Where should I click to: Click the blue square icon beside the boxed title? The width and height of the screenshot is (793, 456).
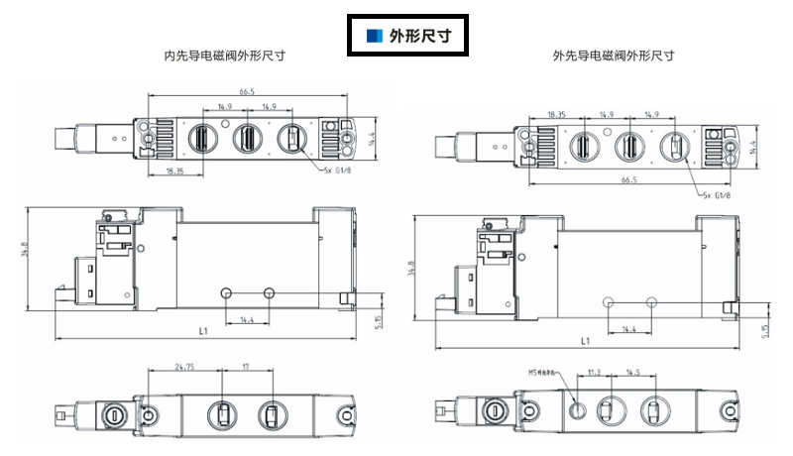(373, 37)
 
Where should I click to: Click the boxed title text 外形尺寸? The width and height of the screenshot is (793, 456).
(414, 37)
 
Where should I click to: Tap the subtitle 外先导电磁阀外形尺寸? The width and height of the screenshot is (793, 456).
(614, 57)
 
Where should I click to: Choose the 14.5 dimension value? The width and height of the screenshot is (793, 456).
(633, 373)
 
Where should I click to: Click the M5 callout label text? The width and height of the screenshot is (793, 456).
(544, 374)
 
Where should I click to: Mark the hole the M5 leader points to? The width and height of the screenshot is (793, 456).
(581, 407)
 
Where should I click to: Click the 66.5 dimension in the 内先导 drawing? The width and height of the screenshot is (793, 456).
(247, 92)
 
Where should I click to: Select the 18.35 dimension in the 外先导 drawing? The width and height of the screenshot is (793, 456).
(557, 115)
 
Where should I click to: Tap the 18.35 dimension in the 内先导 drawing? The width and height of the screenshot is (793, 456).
(174, 172)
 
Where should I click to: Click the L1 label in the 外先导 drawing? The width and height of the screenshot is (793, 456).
(585, 341)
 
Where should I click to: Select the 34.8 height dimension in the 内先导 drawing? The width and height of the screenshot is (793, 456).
(22, 254)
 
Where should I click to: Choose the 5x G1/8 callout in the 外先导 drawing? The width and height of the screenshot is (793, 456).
(716, 194)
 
